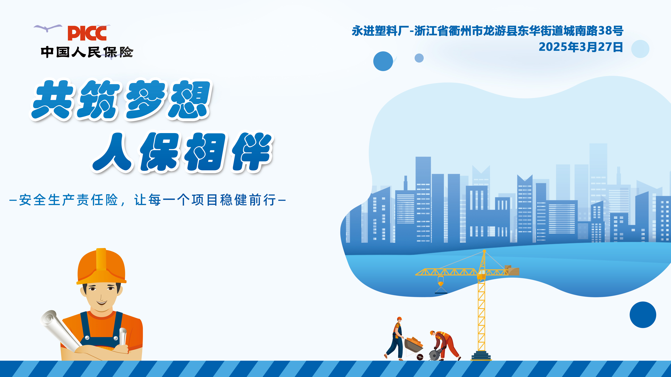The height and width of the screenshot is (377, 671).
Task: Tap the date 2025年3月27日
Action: (581, 47)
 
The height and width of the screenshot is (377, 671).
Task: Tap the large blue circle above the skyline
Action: (383, 61)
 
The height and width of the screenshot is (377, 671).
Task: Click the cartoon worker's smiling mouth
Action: (101, 303)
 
